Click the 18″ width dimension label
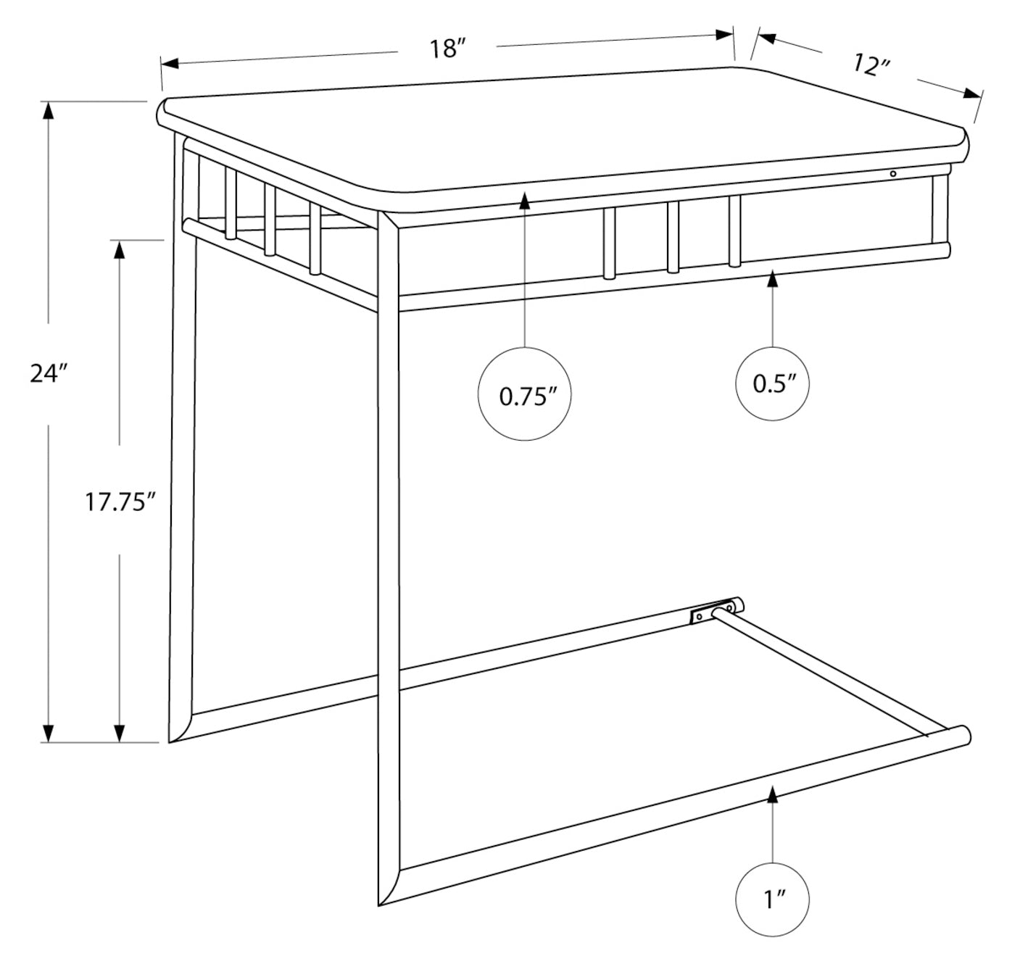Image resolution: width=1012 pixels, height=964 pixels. (x=446, y=49)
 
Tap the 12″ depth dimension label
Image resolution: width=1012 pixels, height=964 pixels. (x=871, y=65)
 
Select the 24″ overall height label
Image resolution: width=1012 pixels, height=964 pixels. (x=49, y=373)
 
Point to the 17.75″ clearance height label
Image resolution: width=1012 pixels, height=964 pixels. (x=120, y=501)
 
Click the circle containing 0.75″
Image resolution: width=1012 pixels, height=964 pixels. (x=525, y=394)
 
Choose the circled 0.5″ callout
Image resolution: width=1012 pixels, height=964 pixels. (x=772, y=383)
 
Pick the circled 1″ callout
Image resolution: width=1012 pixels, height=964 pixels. (x=772, y=901)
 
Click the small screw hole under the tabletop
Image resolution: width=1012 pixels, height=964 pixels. (x=893, y=174)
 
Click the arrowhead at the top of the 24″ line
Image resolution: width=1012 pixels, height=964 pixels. (x=49, y=111)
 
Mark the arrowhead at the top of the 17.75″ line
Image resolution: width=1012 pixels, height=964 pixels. (x=120, y=249)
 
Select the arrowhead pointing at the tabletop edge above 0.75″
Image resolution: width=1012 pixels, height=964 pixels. (x=525, y=199)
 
